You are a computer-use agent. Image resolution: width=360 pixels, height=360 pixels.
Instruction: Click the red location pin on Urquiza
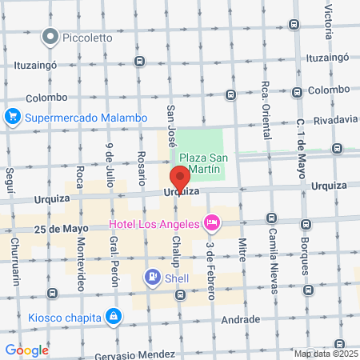tap(180, 178)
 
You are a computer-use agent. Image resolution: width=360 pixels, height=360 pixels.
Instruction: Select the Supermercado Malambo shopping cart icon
tap(12, 118)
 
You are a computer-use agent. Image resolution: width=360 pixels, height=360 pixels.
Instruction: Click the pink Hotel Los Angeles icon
tap(212, 221)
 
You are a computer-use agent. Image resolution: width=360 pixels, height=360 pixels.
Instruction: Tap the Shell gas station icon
tap(151, 277)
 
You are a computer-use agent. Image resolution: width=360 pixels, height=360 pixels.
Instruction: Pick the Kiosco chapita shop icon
tap(116, 318)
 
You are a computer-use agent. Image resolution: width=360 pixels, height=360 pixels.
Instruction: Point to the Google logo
tap(26, 350)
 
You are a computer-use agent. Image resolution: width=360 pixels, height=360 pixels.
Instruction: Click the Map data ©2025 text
tap(325, 354)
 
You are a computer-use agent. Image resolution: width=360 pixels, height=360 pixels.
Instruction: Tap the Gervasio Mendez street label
tap(134, 354)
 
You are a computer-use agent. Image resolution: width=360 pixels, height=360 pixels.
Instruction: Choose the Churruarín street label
tap(14, 258)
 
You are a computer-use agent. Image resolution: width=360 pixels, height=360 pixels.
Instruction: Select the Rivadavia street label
tap(336, 119)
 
